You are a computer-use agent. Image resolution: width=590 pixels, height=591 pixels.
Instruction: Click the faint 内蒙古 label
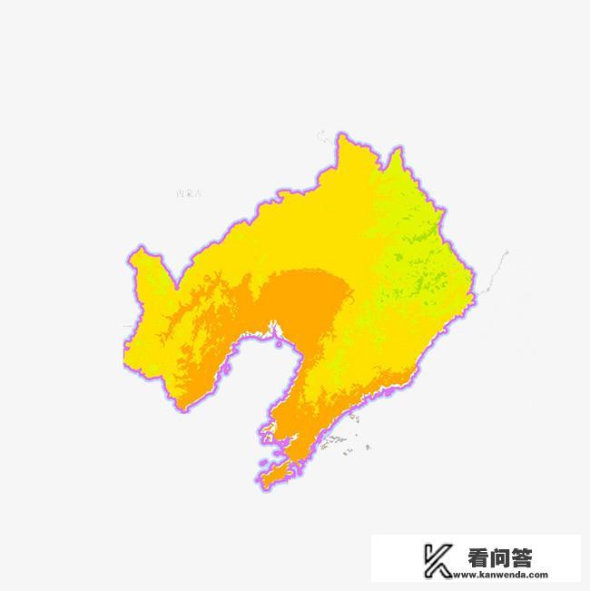[190, 193]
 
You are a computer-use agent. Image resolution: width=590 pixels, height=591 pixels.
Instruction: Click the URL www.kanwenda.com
[507, 575]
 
